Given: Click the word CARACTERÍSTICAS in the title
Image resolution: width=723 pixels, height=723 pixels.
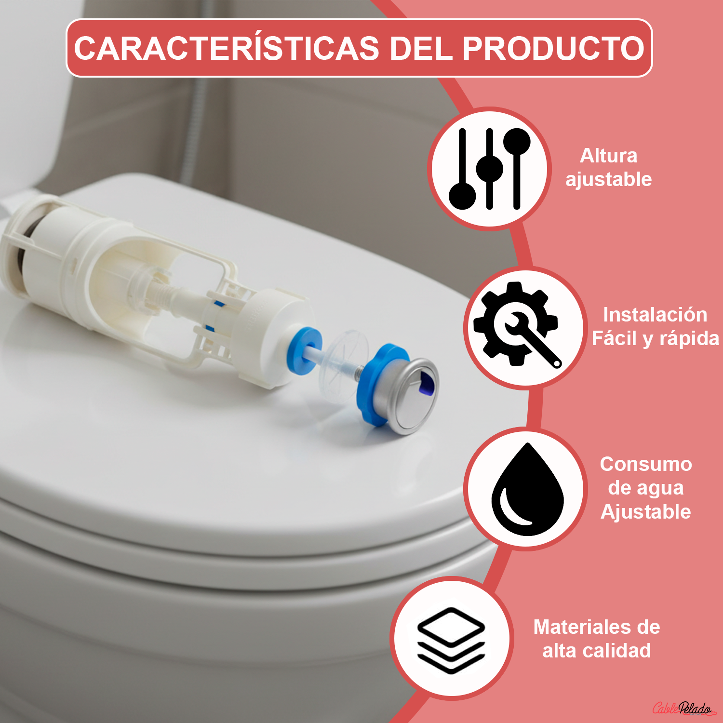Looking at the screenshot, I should click(x=227, y=49).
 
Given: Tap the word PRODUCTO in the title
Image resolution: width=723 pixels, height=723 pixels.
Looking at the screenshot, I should click(x=553, y=49).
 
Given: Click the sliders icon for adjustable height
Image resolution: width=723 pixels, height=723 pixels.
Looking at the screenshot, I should click(x=489, y=169).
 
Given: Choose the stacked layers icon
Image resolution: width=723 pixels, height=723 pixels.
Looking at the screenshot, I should click(x=451, y=639).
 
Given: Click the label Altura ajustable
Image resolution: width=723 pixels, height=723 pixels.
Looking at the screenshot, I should click(x=608, y=167).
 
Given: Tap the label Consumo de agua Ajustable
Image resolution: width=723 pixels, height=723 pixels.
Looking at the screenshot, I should click(x=645, y=488).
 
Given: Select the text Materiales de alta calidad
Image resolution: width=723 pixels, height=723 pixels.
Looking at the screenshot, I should click(x=596, y=639).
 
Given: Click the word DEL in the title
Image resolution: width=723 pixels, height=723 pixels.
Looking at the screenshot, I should click(x=421, y=49).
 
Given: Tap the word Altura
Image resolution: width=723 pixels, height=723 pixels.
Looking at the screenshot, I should click(x=608, y=156).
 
